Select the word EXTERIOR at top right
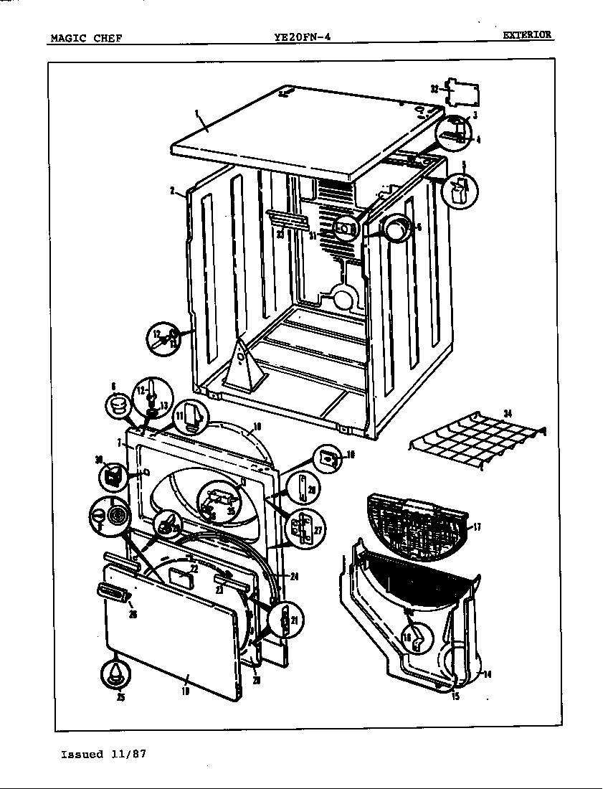click(x=526, y=34)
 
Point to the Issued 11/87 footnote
click(x=105, y=754)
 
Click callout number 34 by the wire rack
click(x=508, y=412)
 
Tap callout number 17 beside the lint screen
click(x=478, y=527)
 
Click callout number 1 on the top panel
click(x=196, y=113)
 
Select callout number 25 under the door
click(x=120, y=696)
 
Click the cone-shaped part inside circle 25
click(x=115, y=673)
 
